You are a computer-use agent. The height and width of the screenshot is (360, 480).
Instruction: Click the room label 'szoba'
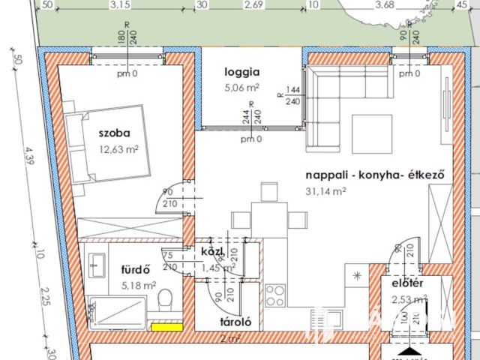click(114, 133)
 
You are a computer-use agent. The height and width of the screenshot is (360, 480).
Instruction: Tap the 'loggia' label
click(241, 73)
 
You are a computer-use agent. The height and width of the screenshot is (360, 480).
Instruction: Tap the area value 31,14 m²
click(325, 191)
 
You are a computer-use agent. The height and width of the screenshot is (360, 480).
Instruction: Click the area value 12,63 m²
click(118, 148)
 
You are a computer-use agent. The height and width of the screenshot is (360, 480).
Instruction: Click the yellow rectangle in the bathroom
click(167, 326)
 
